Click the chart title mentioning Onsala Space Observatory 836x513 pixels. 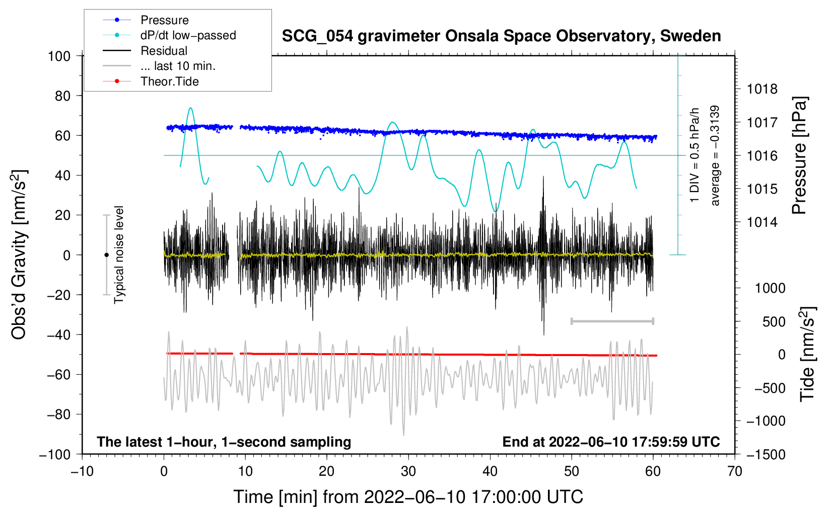(x=501, y=36)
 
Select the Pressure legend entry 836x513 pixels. (x=164, y=20)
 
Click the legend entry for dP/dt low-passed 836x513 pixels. (x=188, y=35)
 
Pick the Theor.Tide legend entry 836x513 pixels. (x=169, y=81)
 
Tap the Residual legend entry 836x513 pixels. (x=164, y=51)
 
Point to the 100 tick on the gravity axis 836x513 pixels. (x=59, y=56)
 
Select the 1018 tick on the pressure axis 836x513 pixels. (x=762, y=90)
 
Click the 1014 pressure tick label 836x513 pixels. (x=762, y=222)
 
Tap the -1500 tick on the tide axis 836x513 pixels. (x=765, y=455)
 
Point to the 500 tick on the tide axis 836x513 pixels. (x=774, y=322)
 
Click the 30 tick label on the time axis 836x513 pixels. (x=408, y=472)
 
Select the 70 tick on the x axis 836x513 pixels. (x=735, y=472)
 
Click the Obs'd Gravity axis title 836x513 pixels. (x=19, y=255)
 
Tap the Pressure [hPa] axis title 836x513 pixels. (x=799, y=156)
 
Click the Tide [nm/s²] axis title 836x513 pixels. (x=807, y=354)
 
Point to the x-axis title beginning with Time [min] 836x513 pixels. (x=408, y=497)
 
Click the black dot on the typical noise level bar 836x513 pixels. (x=106, y=255)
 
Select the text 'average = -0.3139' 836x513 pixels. (x=715, y=156)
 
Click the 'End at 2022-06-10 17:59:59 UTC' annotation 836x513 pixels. (x=611, y=442)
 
